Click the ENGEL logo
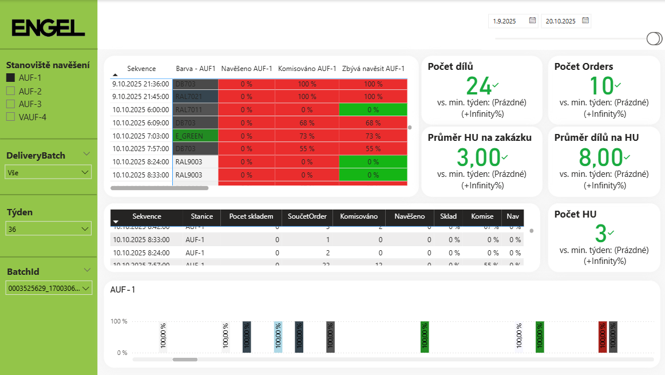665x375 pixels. pyautogui.click(x=48, y=27)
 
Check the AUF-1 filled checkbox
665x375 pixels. pyautogui.click(x=10, y=78)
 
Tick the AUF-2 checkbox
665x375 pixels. pyautogui.click(x=10, y=91)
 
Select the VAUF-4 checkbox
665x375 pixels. pyautogui.click(x=10, y=117)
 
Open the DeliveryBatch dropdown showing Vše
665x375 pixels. pyautogui.click(x=48, y=172)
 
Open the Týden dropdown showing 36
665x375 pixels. pyautogui.click(x=48, y=229)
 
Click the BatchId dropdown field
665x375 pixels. pyautogui.click(x=48, y=289)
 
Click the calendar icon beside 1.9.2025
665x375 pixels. pyautogui.click(x=533, y=21)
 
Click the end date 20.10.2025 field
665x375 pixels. pyautogui.click(x=561, y=21)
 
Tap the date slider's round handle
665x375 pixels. pyautogui.click(x=654, y=38)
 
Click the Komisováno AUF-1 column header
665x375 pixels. pyautogui.click(x=307, y=69)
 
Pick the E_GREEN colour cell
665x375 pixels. pyautogui.click(x=195, y=136)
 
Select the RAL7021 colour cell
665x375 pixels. pyautogui.click(x=195, y=96)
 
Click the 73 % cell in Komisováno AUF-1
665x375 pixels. pyautogui.click(x=307, y=136)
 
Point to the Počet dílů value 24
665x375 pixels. pyautogui.click(x=479, y=86)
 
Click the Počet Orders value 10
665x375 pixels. pyautogui.click(x=601, y=86)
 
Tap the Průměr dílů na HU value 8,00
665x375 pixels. pyautogui.click(x=600, y=157)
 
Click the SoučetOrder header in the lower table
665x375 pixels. pyautogui.click(x=307, y=216)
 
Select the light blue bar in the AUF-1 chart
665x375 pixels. pyautogui.click(x=278, y=337)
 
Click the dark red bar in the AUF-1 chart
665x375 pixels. pyautogui.click(x=603, y=337)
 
